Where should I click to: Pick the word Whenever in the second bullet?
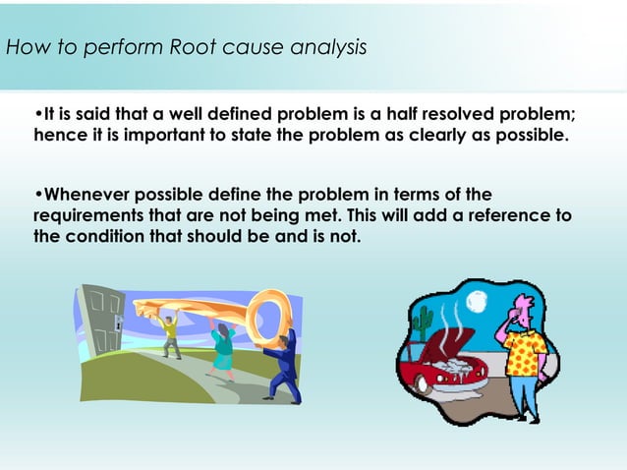[x=89, y=194]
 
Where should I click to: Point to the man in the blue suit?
[x=281, y=364]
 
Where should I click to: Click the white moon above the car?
[x=478, y=300]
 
